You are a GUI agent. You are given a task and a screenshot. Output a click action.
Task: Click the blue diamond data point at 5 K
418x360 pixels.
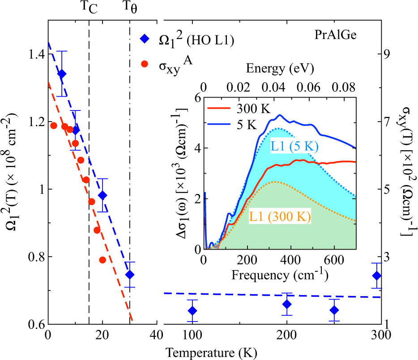[62, 74]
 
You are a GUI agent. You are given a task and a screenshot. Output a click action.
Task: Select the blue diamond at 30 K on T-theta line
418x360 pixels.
[130, 275]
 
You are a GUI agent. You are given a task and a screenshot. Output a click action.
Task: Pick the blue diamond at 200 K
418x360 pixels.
[287, 305]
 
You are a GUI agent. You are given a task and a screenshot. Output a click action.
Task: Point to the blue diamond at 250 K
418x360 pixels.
[334, 310]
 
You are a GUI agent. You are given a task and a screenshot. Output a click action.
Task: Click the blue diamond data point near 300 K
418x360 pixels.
[377, 275]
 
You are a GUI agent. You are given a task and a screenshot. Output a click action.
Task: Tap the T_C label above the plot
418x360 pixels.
[89, 8]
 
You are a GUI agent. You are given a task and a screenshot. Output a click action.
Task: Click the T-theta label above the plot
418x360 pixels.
[131, 8]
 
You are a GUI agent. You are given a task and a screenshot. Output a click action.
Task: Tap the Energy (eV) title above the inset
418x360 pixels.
[279, 69]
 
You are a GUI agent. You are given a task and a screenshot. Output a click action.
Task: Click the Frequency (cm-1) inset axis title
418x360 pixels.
[279, 274]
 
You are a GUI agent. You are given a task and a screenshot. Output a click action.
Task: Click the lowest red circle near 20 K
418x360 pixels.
[102, 260]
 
